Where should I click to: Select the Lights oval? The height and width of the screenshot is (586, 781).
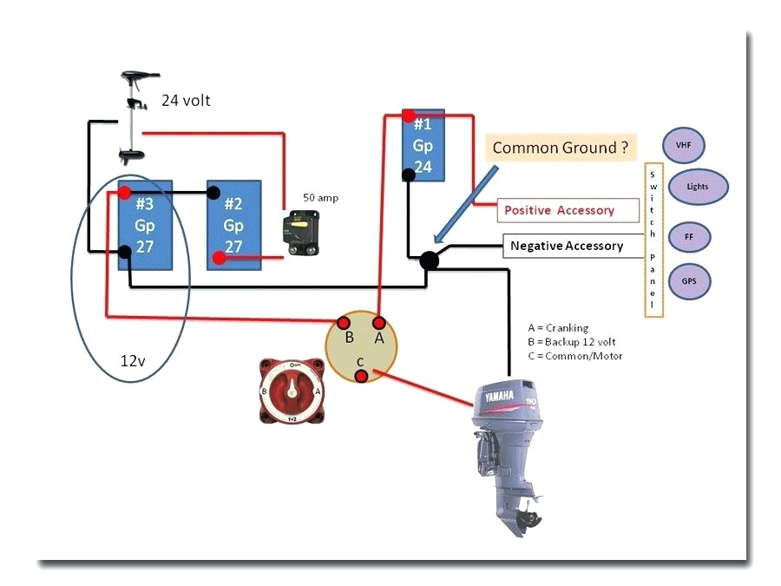697,187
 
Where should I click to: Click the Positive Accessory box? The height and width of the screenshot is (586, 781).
561,210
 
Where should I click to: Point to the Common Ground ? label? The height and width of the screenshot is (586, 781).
560,147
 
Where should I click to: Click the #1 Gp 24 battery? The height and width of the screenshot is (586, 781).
423,143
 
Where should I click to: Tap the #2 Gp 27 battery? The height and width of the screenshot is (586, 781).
233,225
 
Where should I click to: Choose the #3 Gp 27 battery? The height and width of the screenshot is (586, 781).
145,225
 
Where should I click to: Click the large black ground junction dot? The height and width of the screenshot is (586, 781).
428,260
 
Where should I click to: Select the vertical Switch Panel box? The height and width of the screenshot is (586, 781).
653,239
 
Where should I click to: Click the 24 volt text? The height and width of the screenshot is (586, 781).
186,101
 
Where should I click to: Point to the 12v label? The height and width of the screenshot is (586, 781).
134,359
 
